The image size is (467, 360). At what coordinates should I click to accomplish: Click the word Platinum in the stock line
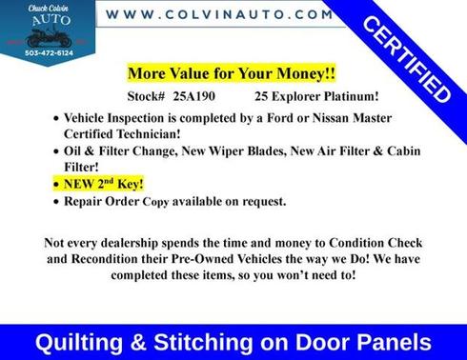[331, 96]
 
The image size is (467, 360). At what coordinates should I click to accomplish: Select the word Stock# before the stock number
[146, 96]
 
